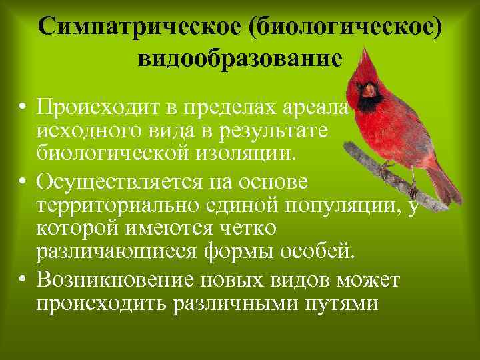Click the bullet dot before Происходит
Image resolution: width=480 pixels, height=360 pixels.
[23, 107]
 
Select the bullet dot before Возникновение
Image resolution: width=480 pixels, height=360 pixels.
[23, 280]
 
